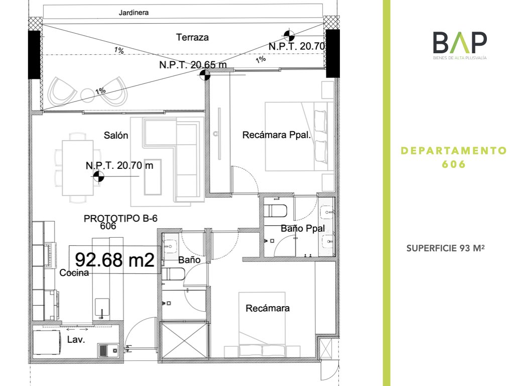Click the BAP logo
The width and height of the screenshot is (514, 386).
(x=460, y=45)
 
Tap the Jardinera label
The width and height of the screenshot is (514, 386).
(x=134, y=13)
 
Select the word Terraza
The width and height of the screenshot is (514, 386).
(x=192, y=37)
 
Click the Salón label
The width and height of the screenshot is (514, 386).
(x=116, y=135)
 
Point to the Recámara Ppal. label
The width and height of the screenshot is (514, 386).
(x=277, y=135)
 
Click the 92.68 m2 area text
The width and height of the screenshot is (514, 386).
(x=114, y=260)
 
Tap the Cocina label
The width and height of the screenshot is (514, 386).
(x=74, y=273)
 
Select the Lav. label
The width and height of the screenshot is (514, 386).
(x=76, y=339)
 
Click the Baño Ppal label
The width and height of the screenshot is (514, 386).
(x=303, y=229)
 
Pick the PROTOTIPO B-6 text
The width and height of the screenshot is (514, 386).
(x=120, y=218)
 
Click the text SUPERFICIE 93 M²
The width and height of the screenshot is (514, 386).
(x=446, y=248)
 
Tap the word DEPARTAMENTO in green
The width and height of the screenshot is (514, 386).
(x=454, y=151)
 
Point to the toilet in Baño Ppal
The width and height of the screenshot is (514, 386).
(x=276, y=211)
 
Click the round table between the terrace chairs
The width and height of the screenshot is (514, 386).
(x=87, y=94)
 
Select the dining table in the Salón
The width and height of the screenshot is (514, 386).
(x=78, y=168)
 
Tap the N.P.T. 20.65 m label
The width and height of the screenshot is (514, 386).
(x=193, y=65)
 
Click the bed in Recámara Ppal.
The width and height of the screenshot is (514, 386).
(x=299, y=136)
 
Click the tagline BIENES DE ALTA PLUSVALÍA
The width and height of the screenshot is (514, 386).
(x=460, y=58)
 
